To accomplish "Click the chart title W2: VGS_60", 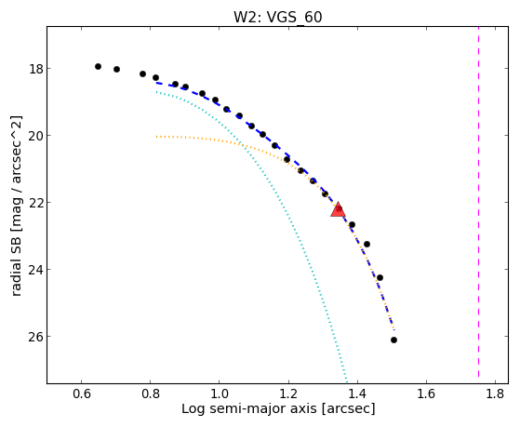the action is pyautogui.click(x=278, y=17).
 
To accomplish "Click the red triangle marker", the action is pyautogui.click(x=338, y=209).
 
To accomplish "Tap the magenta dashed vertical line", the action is pyautogui.click(x=478, y=202).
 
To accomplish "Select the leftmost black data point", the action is pyautogui.click(x=98, y=66).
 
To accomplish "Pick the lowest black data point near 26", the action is pyautogui.click(x=393, y=340).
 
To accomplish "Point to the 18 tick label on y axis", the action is pyautogui.click(x=35, y=69).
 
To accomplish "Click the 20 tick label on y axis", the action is pyautogui.click(x=35, y=136).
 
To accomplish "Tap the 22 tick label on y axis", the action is pyautogui.click(x=35, y=203).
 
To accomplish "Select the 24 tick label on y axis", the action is pyautogui.click(x=35, y=270).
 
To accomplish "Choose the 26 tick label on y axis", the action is pyautogui.click(x=35, y=337).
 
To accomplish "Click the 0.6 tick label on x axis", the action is pyautogui.click(x=81, y=394).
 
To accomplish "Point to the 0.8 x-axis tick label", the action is pyautogui.click(x=150, y=394).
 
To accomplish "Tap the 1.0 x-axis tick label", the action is pyautogui.click(x=220, y=394).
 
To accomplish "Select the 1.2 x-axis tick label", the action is pyautogui.click(x=288, y=394).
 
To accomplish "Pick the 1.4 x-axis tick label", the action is pyautogui.click(x=357, y=394).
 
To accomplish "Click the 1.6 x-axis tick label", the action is pyautogui.click(x=426, y=394).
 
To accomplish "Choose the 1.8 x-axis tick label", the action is pyautogui.click(x=495, y=394).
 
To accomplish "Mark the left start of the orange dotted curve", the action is pyautogui.click(x=157, y=137).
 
